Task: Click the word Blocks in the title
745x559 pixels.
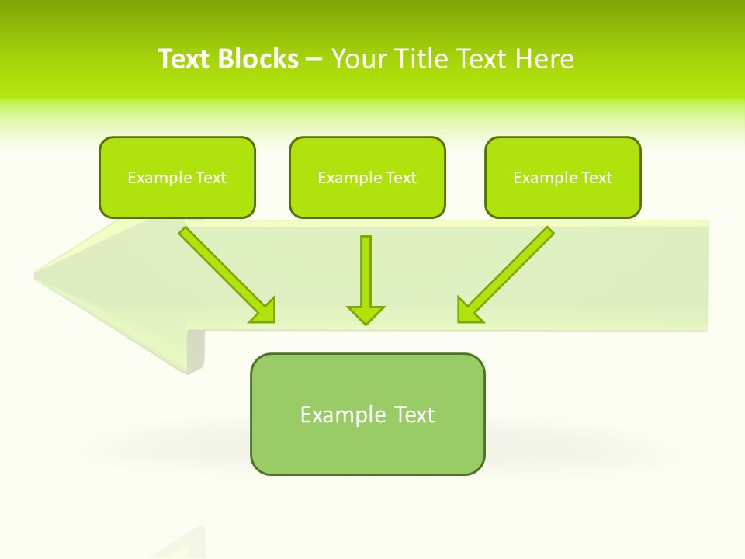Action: pyautogui.click(x=259, y=59)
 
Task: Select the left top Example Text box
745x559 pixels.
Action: pyautogui.click(x=177, y=177)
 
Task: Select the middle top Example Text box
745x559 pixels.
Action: pyautogui.click(x=367, y=177)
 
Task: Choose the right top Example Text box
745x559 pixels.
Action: pyautogui.click(x=563, y=177)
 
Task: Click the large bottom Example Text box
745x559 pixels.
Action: pyautogui.click(x=367, y=414)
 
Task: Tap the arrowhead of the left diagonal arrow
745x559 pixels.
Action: pyautogui.click(x=265, y=311)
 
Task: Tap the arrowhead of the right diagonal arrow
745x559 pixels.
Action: pyautogui.click(x=468, y=311)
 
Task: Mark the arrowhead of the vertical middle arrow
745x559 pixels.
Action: pyautogui.click(x=366, y=314)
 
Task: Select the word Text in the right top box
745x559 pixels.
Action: pyautogui.click(x=597, y=178)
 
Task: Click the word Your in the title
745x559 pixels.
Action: pyautogui.click(x=359, y=59)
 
